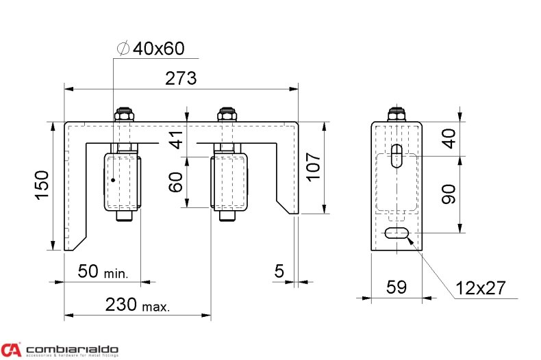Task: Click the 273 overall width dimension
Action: coord(181,78)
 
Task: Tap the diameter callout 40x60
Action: coord(151,49)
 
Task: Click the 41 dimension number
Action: coord(177,140)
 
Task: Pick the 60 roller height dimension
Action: coord(177,182)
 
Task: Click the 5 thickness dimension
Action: coord(279,271)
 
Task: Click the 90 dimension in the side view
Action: coord(449,194)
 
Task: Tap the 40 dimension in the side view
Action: coord(449,139)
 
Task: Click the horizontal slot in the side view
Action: coord(397,234)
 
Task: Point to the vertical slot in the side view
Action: coord(397,155)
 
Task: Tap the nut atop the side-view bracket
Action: coord(397,114)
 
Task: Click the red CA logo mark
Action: coord(11,349)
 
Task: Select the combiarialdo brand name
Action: coord(73,348)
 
